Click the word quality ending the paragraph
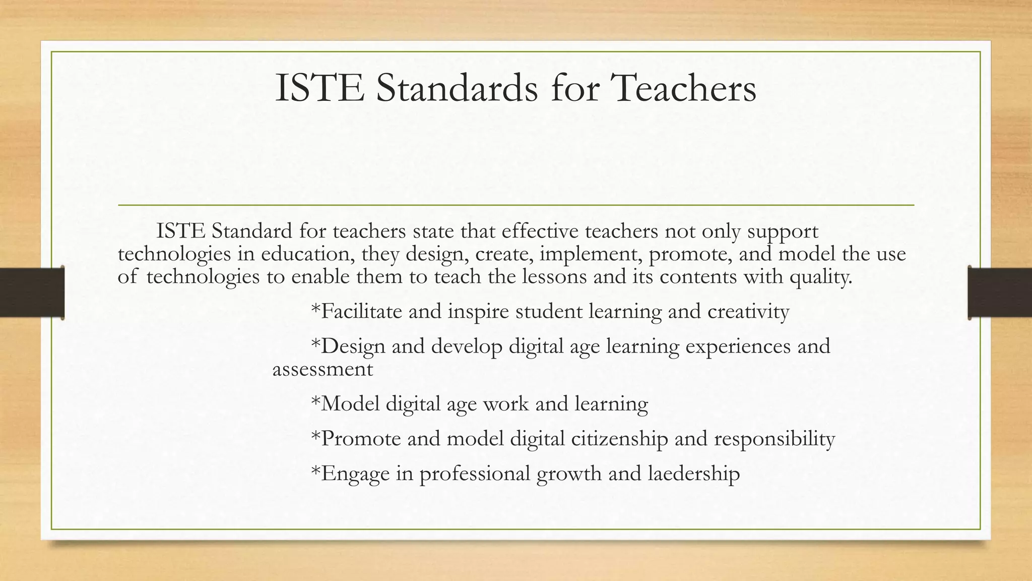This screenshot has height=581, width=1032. [821, 277]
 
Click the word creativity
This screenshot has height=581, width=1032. [748, 312]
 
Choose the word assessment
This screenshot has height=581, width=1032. [322, 369]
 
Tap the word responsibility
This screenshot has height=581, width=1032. [775, 439]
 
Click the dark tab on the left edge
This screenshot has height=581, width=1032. [32, 293]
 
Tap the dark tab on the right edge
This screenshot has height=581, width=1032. [1000, 293]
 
